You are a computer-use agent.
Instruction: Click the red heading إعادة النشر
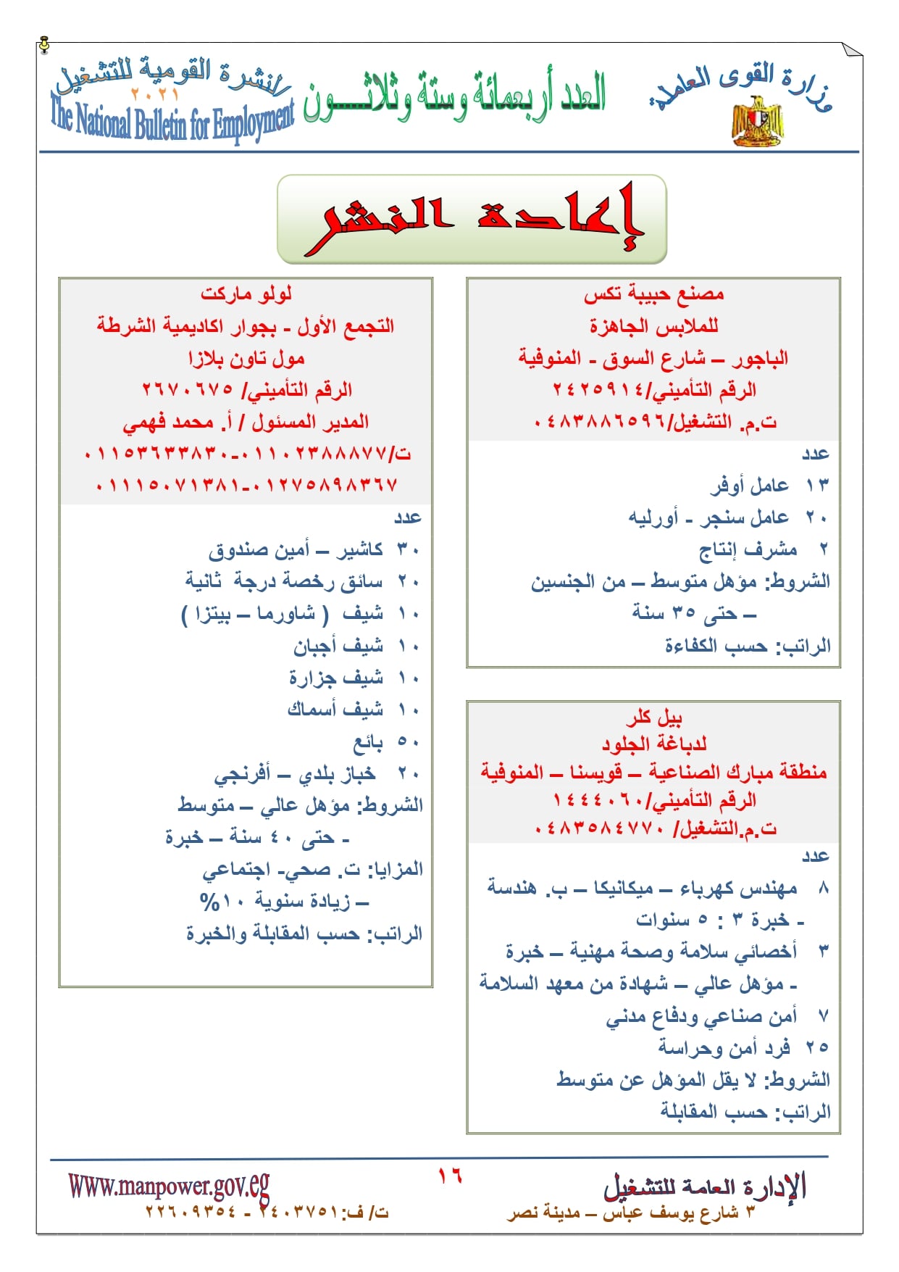click(472, 218)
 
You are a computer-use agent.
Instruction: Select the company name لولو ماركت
click(246, 294)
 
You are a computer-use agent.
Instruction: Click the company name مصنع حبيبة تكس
click(653, 294)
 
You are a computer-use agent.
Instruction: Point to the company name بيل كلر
click(653, 718)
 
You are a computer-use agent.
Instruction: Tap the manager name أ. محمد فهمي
click(168, 422)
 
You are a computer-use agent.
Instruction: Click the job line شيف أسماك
click(335, 710)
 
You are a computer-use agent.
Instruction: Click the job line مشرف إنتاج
click(748, 549)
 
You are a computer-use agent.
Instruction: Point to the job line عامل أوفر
click(749, 486)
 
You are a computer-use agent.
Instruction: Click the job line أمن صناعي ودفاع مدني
click(701, 1016)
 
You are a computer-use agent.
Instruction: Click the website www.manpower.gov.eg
click(169, 1186)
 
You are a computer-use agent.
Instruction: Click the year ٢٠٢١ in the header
click(155, 94)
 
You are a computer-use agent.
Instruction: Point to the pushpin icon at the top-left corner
click(44, 45)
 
